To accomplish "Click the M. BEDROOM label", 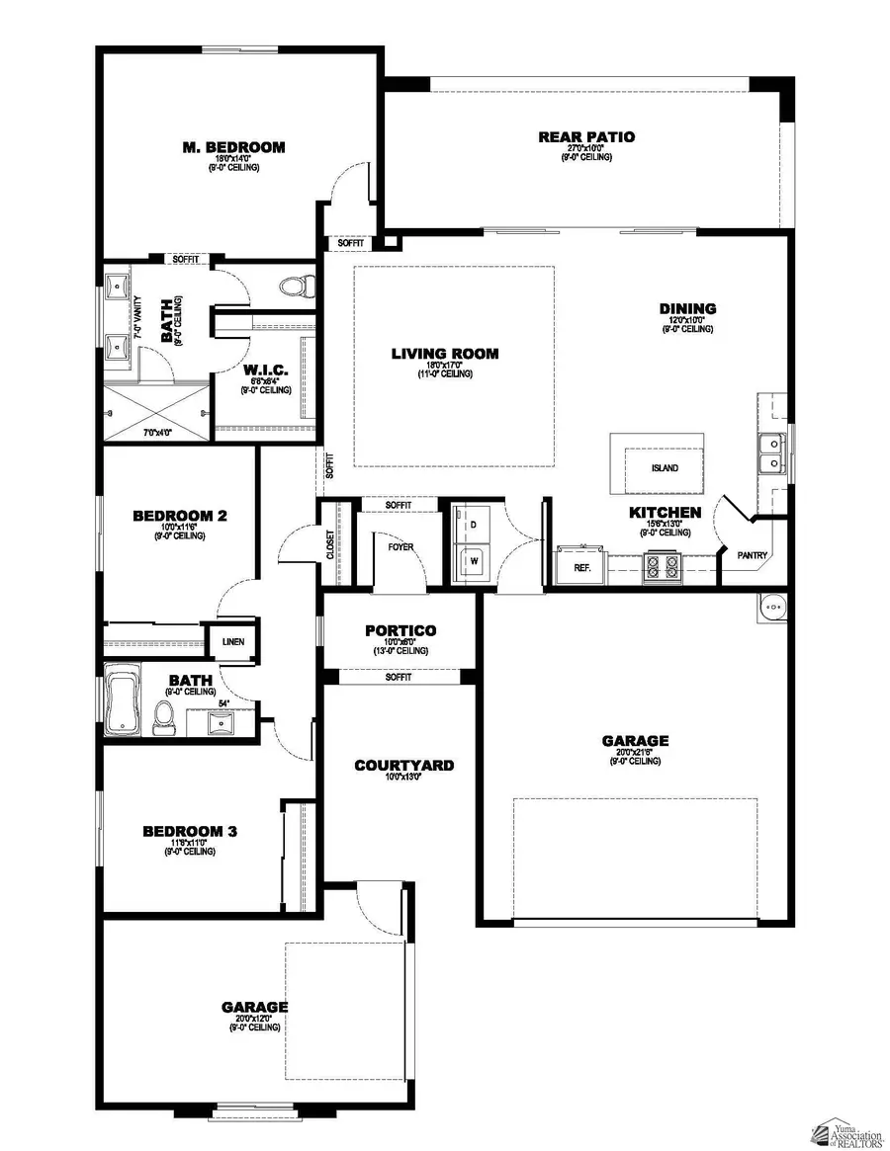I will (x=233, y=147).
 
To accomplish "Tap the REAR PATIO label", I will (x=586, y=137).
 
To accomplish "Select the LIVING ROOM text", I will (x=444, y=354).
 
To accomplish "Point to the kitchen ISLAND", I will (x=657, y=463).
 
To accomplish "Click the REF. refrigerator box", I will (x=582, y=567).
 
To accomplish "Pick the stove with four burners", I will (x=662, y=566).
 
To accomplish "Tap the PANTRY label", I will (x=753, y=555).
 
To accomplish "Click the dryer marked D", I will (x=473, y=524).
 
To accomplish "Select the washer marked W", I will (x=473, y=560).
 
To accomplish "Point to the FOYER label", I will (x=400, y=546).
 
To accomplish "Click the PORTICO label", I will (x=400, y=630).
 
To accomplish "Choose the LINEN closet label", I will (x=232, y=642).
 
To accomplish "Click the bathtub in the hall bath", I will (x=124, y=703).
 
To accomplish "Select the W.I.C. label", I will (x=265, y=370).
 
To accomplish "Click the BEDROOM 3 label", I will (x=189, y=831).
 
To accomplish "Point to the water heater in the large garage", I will (x=771, y=607).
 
